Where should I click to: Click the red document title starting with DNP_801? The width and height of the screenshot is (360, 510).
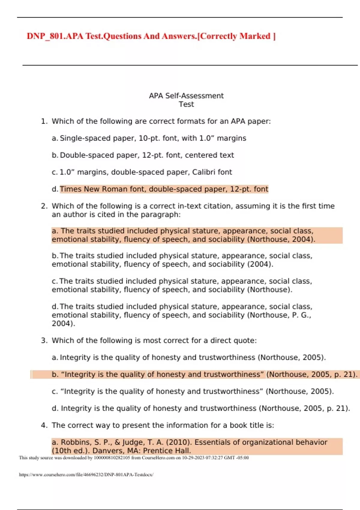[151, 36]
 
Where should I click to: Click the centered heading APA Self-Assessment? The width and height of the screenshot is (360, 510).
[186, 96]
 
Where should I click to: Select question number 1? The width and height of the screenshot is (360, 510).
[44, 121]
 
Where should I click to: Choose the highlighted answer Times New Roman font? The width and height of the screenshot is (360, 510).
[164, 189]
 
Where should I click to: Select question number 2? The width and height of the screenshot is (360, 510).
[44, 206]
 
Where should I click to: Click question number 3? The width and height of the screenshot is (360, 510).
[44, 340]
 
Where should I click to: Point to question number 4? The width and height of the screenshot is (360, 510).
[44, 425]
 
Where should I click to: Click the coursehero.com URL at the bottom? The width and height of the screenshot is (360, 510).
[86, 475]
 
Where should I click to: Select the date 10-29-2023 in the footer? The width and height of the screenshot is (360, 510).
[193, 458]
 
